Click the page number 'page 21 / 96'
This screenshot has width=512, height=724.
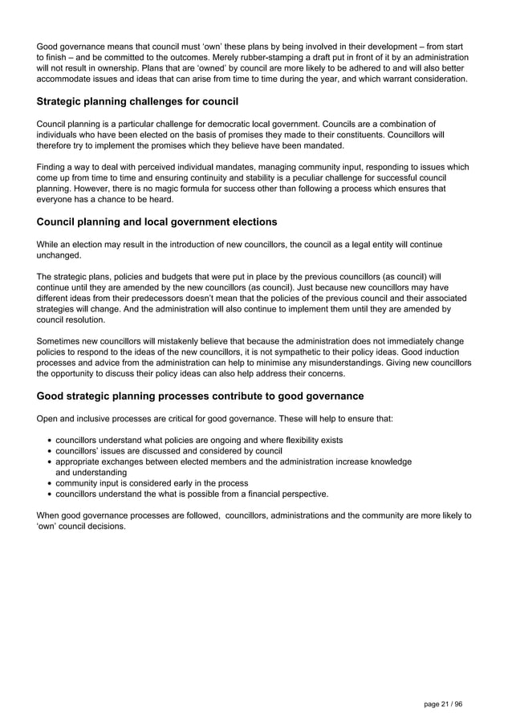(443, 703)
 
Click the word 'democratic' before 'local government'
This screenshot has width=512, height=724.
(272, 124)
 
